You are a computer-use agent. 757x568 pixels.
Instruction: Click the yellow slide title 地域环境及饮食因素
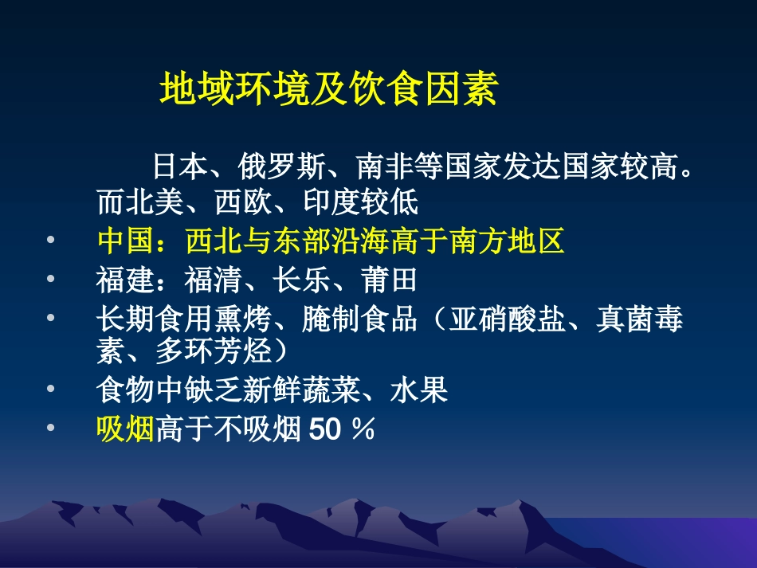point(329,88)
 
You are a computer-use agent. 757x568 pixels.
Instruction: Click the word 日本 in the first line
point(181,166)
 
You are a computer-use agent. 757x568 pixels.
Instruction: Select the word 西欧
point(243,202)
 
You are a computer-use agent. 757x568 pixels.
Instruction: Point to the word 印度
point(331,202)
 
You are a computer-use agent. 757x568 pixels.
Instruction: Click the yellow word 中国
point(126,241)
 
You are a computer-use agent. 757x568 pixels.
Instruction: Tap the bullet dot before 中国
point(51,240)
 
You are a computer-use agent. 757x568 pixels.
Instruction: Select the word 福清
point(213,280)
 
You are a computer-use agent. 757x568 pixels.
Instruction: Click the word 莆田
point(389,280)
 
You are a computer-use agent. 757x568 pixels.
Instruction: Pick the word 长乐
point(301,280)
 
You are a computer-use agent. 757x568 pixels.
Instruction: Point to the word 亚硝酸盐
point(507,319)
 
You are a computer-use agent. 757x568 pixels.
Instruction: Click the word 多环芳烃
point(214,351)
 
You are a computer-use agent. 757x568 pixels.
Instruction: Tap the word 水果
point(419,390)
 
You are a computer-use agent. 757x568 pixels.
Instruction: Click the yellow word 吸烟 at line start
point(126,429)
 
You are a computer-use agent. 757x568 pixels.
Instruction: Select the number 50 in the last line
point(325,429)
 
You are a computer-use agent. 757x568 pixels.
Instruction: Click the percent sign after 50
point(363,429)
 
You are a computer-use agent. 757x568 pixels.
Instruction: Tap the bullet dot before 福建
point(51,279)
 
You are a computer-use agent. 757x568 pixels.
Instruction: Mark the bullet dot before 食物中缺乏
point(51,389)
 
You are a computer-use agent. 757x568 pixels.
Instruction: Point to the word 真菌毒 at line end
point(640,319)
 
